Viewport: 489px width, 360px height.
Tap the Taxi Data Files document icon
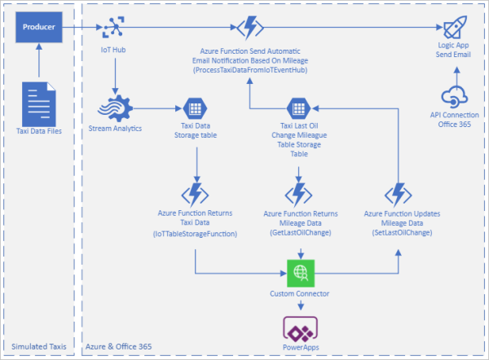click(x=39, y=102)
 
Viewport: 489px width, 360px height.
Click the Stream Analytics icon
click(x=115, y=109)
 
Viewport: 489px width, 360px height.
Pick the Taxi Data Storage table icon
click(x=196, y=108)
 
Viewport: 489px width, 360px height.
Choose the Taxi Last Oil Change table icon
click(x=297, y=108)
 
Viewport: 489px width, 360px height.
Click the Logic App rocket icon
click(x=446, y=29)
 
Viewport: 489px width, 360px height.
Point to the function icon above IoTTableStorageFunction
click(x=196, y=194)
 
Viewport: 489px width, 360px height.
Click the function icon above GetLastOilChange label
click(x=297, y=194)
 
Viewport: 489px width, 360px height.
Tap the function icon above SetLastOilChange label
click(x=399, y=194)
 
